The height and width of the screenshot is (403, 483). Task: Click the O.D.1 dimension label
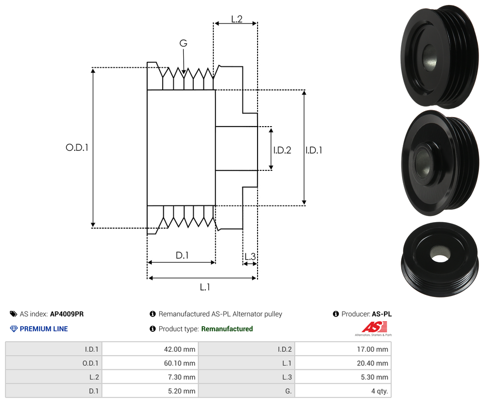pyautogui.click(x=77, y=148)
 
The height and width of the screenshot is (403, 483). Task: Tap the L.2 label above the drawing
pyautogui.click(x=236, y=19)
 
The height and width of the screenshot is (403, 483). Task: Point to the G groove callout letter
pyautogui.click(x=183, y=43)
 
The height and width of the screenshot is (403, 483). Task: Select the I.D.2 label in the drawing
pyautogui.click(x=282, y=150)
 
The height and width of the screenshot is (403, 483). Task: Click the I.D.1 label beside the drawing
pyautogui.click(x=314, y=150)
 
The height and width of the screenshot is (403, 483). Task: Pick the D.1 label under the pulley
pyautogui.click(x=182, y=255)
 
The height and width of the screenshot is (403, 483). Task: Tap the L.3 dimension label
pyautogui.click(x=250, y=257)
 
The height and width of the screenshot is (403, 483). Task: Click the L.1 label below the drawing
pyautogui.click(x=205, y=287)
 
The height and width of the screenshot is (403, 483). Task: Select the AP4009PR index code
pyautogui.click(x=67, y=314)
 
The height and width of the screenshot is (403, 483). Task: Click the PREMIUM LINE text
pyautogui.click(x=44, y=329)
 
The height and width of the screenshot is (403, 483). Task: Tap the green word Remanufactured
pyautogui.click(x=227, y=329)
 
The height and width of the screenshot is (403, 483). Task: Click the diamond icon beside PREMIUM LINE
pyautogui.click(x=14, y=329)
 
